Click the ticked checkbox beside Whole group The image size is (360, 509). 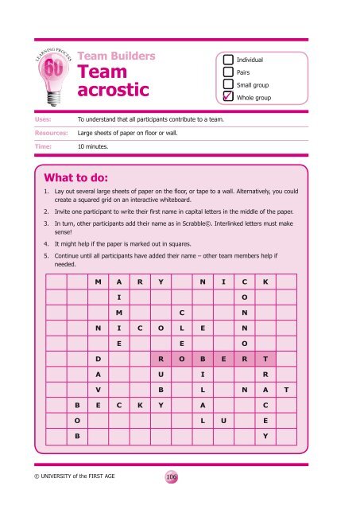pyautogui.click(x=229, y=97)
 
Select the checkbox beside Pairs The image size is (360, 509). pyautogui.click(x=229, y=72)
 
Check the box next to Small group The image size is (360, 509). pyautogui.click(x=229, y=84)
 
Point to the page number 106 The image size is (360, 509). pyautogui.click(x=171, y=476)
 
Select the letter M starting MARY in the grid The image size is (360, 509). pyautogui.click(x=98, y=283)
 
